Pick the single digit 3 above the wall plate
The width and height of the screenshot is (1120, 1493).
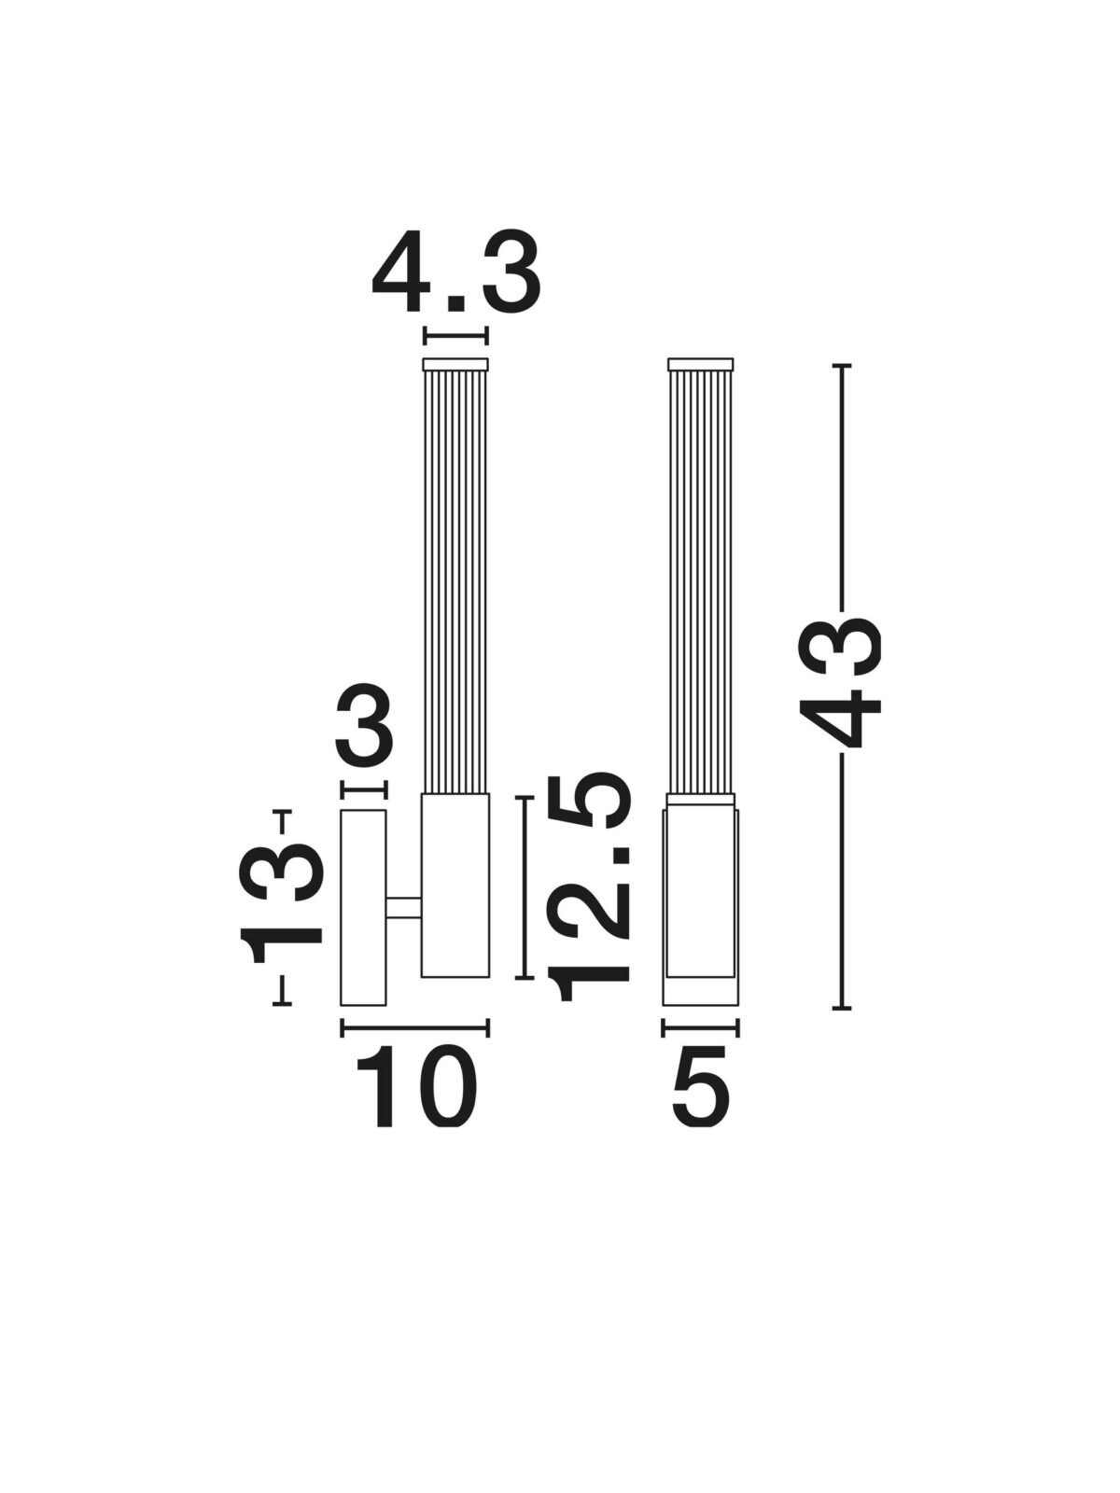(364, 724)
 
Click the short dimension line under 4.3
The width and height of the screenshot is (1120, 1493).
(455, 335)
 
